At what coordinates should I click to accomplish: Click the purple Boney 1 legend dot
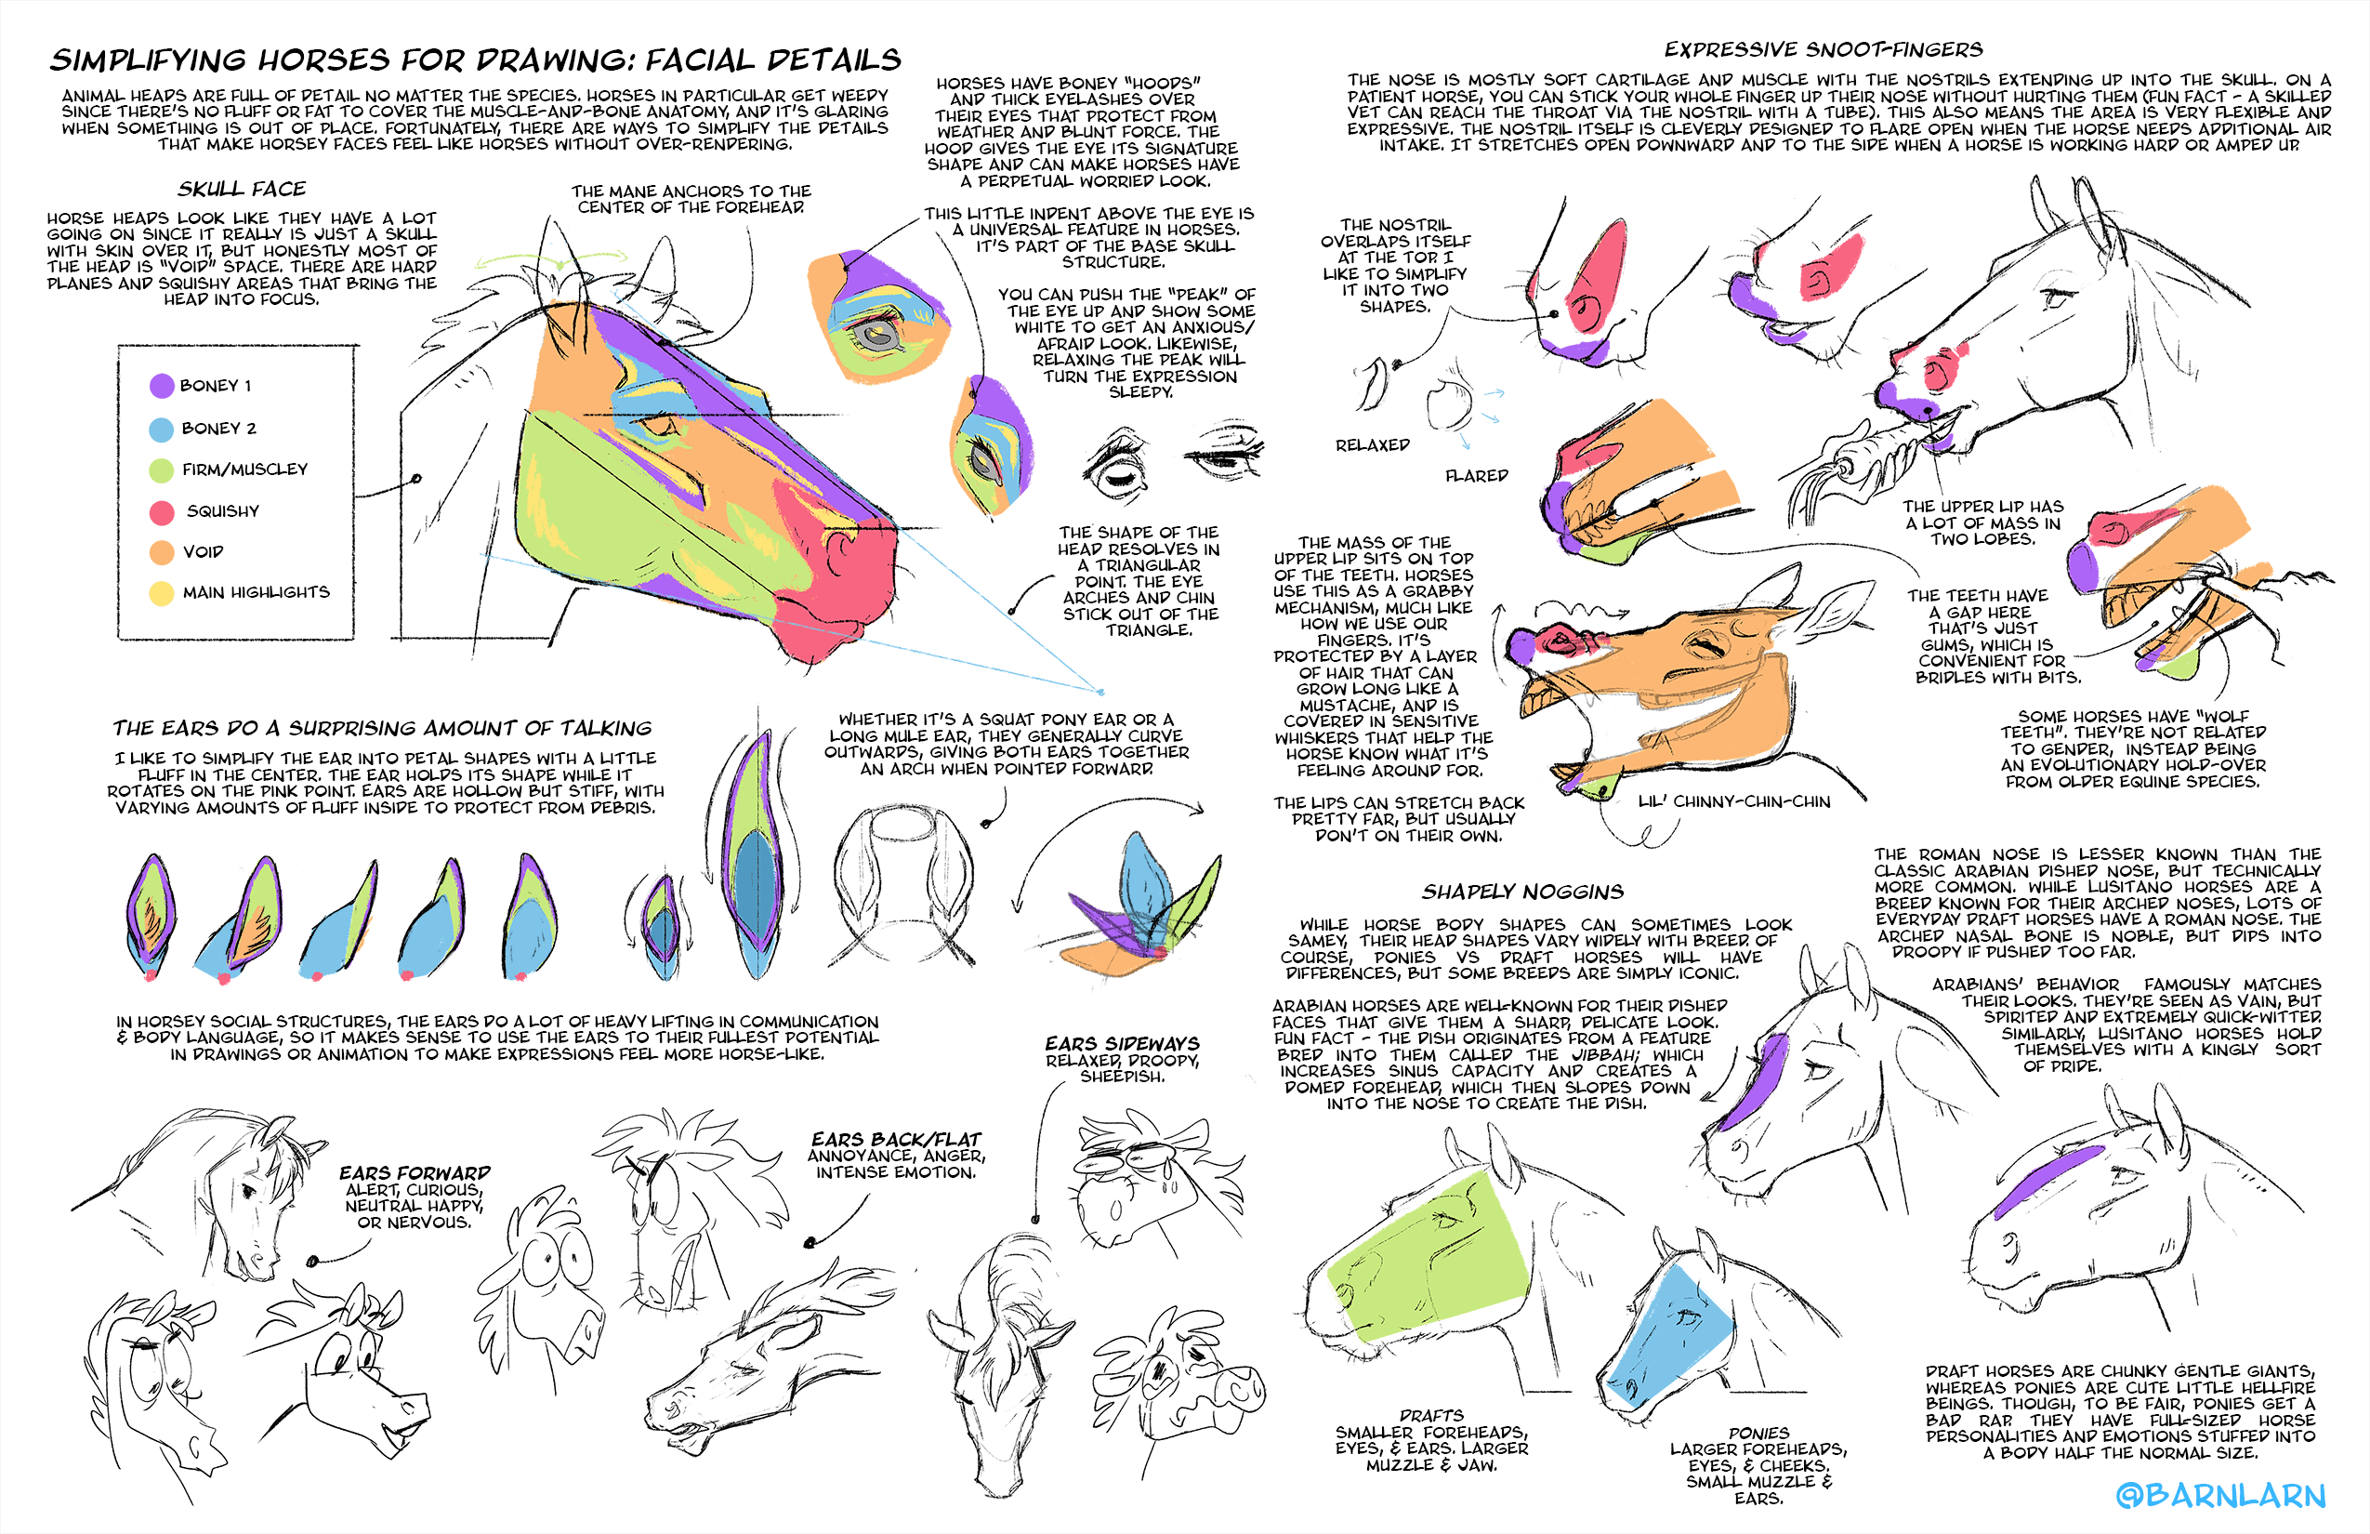click(162, 387)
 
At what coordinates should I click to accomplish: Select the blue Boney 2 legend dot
click(162, 430)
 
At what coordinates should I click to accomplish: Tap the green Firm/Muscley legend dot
click(162, 470)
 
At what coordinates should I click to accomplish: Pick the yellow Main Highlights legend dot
click(162, 594)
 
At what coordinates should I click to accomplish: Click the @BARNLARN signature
click(2220, 1495)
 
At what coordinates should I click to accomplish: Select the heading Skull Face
click(242, 190)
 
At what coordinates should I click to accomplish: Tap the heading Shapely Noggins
click(1522, 892)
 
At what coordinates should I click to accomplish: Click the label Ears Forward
click(415, 1173)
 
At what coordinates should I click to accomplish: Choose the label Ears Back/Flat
click(896, 1140)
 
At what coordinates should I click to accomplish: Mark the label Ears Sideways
click(1123, 1044)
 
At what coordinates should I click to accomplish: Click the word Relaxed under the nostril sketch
click(1372, 445)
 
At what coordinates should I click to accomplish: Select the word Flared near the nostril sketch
click(1477, 476)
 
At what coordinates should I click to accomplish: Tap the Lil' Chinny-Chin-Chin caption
click(1733, 801)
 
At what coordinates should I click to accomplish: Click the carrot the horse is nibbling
click(1872, 448)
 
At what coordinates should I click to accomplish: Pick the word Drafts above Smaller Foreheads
click(1431, 1415)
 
